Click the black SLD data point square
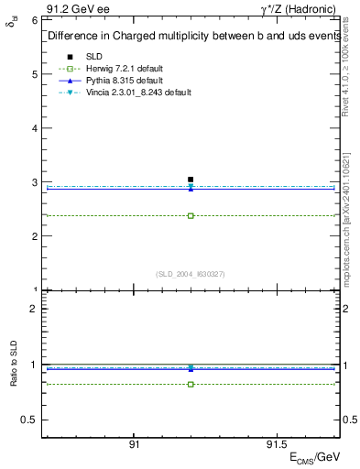point(191,180)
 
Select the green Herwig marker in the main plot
point(191,216)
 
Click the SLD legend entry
point(94,57)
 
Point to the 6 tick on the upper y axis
point(34,19)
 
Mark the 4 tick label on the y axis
point(34,127)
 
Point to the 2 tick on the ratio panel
point(34,309)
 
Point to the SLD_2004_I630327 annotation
point(191,274)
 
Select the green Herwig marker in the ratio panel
point(191,384)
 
